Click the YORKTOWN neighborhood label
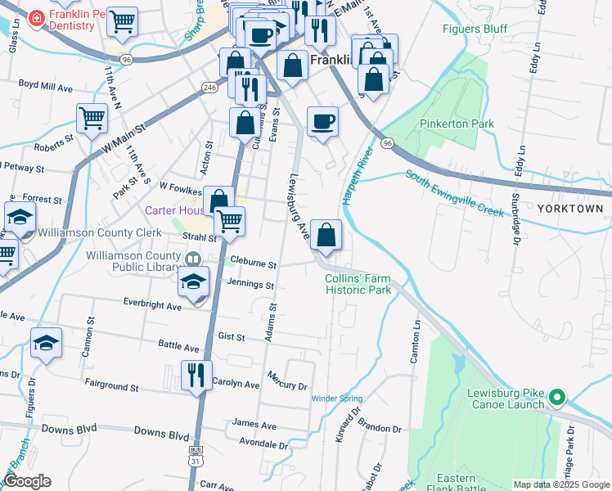(571, 209)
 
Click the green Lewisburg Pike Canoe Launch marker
(558, 398)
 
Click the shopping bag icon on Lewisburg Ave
(326, 236)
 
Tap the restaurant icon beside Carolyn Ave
(196, 376)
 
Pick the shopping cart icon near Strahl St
(230, 221)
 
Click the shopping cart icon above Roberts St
(92, 118)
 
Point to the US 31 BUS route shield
(195, 456)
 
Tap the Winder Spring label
(336, 399)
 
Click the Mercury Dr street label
(287, 381)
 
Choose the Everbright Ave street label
(152, 305)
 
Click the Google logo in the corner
(27, 481)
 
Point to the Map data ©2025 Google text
(560, 484)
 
